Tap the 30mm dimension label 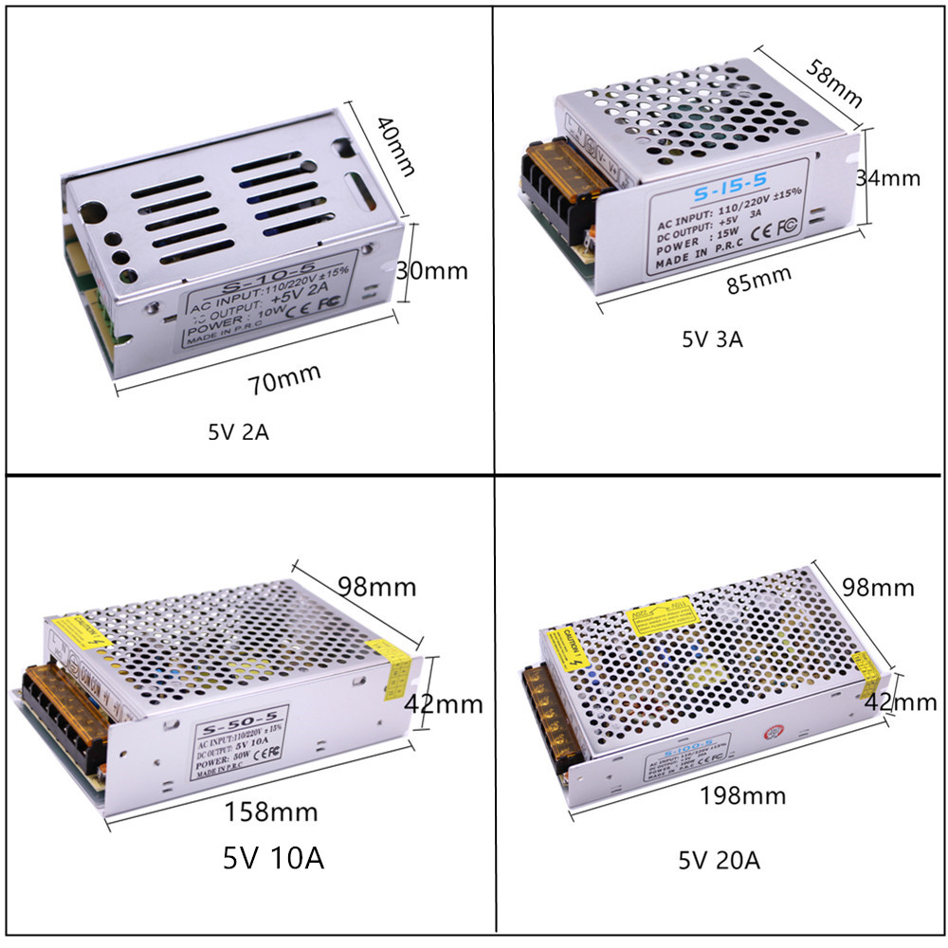tap(431, 270)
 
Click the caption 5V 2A tap(239, 433)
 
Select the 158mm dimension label tap(270, 811)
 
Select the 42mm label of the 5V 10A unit tap(443, 704)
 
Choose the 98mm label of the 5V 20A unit tap(878, 587)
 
